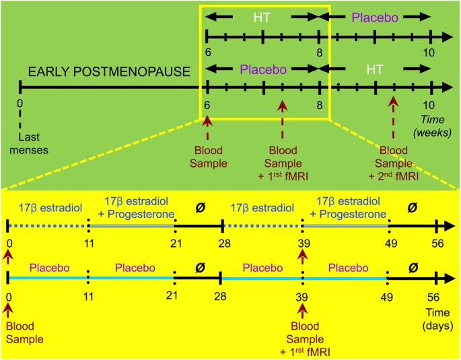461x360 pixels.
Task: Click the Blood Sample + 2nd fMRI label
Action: (x=400, y=161)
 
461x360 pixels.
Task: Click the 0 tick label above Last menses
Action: (x=21, y=104)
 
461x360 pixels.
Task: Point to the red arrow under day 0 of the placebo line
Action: (x=8, y=308)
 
